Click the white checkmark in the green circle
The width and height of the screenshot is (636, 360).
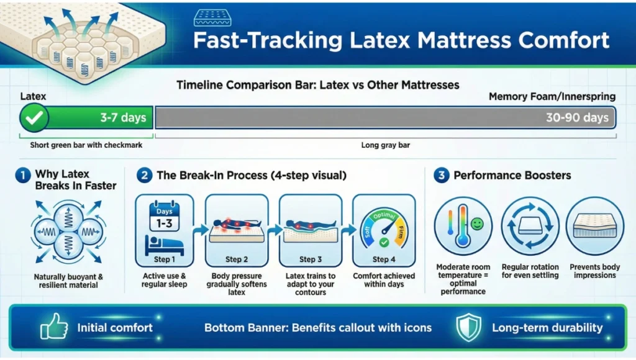pos(34,118)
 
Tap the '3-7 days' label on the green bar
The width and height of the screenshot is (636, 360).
pos(123,118)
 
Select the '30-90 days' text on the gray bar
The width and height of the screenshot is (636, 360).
pos(577,118)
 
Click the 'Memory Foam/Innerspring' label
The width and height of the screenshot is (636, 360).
pos(552,97)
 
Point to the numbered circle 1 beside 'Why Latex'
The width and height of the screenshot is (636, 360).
pos(22,176)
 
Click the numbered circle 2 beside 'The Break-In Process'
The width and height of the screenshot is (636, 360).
pos(143,176)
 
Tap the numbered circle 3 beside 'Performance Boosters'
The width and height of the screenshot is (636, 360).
pos(440,176)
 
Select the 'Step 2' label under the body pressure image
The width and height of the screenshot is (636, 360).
pos(237,259)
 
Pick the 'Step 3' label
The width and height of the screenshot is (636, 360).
pos(310,259)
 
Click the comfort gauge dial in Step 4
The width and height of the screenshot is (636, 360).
pos(383,227)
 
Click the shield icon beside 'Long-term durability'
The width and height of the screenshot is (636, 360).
pos(468,327)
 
